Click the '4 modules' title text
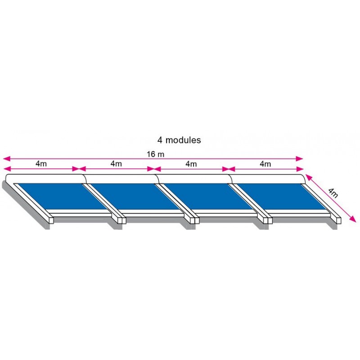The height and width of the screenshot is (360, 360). (x=179, y=140)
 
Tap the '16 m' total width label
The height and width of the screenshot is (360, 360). (x=156, y=154)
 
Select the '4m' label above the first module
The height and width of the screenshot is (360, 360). (x=41, y=164)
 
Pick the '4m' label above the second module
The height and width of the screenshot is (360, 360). (x=116, y=164)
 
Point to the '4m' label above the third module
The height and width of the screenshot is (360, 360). (x=191, y=164)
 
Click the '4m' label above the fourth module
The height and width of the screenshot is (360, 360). (x=265, y=164)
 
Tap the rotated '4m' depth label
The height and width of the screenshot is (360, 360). (x=333, y=193)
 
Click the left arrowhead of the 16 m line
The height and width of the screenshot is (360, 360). (x=7, y=158)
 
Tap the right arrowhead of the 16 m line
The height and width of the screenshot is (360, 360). (x=299, y=159)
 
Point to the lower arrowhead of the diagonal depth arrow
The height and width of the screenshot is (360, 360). (x=353, y=219)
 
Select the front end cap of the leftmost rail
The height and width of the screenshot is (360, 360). (x=51, y=220)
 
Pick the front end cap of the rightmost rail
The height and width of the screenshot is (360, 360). (x=339, y=220)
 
